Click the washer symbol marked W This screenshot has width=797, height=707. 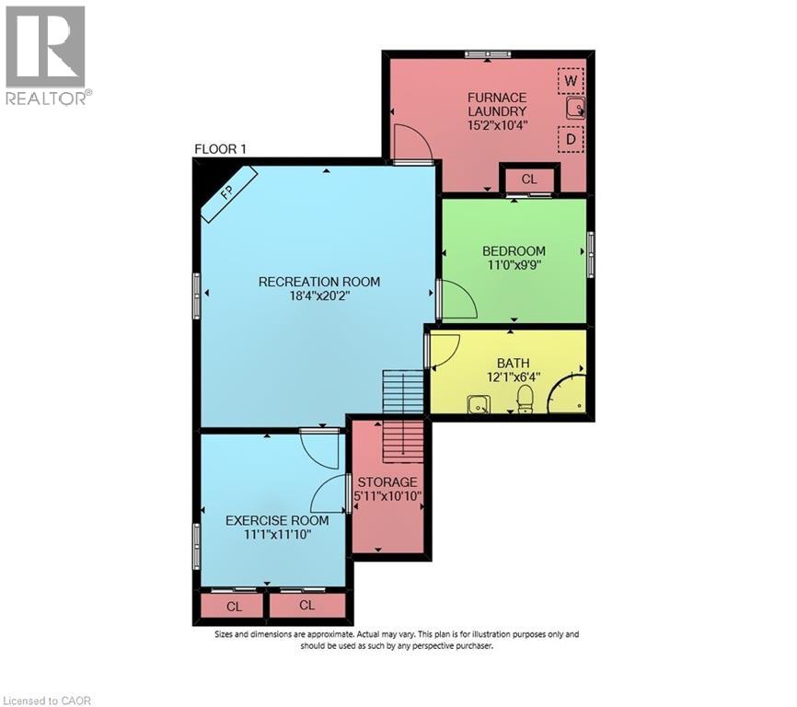(571, 81)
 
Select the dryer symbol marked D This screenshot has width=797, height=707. (571, 140)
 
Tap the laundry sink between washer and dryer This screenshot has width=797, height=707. (574, 110)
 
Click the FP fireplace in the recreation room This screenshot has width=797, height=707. (229, 194)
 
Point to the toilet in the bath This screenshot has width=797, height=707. (525, 398)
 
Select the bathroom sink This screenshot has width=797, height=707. (478, 403)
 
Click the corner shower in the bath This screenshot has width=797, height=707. (568, 393)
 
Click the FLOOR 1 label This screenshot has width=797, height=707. (220, 149)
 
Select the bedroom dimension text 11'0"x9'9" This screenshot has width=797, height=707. (514, 266)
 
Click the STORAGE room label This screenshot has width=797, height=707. (387, 482)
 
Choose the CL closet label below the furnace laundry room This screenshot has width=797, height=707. (528, 180)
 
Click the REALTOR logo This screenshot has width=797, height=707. (45, 55)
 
